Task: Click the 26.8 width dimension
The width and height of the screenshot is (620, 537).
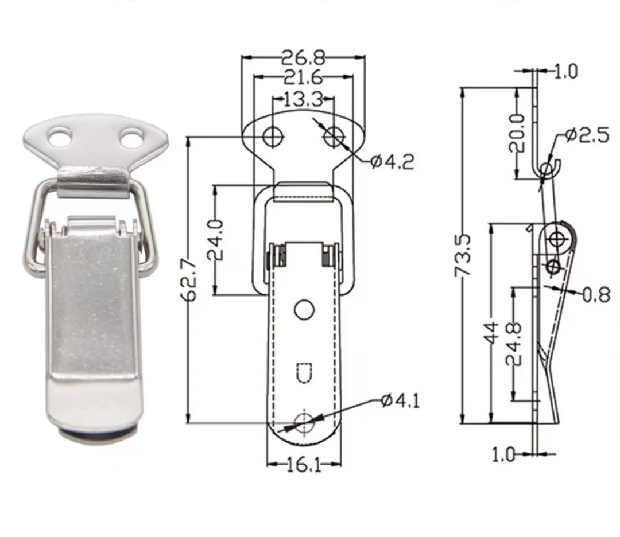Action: [303, 58]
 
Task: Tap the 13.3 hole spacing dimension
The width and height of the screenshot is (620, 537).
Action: [302, 101]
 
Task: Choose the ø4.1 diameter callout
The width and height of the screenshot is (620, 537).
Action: [400, 400]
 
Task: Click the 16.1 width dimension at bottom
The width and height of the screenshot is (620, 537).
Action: [303, 465]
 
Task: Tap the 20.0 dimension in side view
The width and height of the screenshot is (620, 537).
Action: [517, 132]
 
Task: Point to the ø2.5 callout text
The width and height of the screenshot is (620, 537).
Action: [586, 135]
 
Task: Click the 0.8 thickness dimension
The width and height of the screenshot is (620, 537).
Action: [596, 295]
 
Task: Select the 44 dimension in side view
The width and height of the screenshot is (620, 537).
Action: [492, 333]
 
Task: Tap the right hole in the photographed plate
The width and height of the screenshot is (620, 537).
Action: [131, 137]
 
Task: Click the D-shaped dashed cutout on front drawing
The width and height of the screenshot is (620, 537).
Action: [304, 372]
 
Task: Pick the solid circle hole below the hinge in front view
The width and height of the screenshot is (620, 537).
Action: [304, 309]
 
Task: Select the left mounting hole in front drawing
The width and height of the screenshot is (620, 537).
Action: [273, 136]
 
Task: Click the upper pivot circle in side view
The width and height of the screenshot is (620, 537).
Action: [556, 238]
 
